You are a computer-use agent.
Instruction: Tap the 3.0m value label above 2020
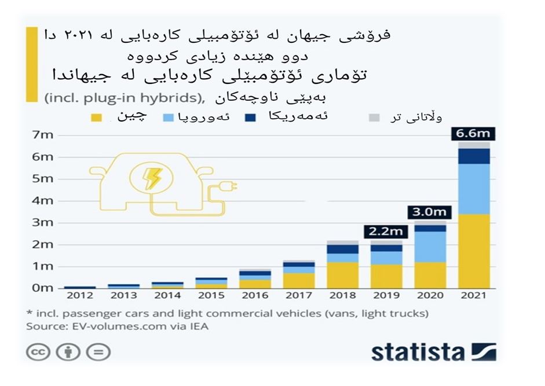tap(429, 212)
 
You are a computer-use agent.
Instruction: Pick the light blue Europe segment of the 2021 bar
tap(473, 189)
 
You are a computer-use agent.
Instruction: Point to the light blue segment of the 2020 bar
tap(429, 247)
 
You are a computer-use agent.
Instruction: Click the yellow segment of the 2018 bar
tap(342, 275)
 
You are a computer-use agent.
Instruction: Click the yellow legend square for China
tap(96, 118)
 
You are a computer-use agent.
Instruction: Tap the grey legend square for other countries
tap(374, 118)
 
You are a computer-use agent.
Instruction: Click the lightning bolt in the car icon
tap(153, 178)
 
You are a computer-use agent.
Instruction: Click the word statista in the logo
tap(418, 352)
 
